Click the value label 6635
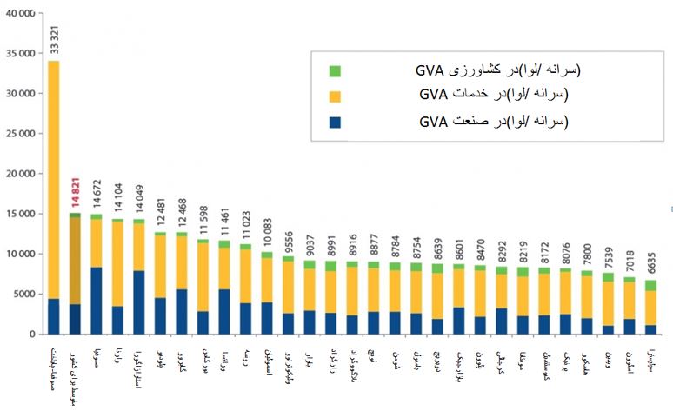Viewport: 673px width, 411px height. [x=650, y=263]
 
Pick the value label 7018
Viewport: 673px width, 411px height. [x=630, y=260]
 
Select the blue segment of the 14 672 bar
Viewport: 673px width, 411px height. [x=97, y=300]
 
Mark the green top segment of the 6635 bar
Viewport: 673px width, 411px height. [x=650, y=285]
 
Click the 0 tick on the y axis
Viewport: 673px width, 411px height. [x=31, y=335]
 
